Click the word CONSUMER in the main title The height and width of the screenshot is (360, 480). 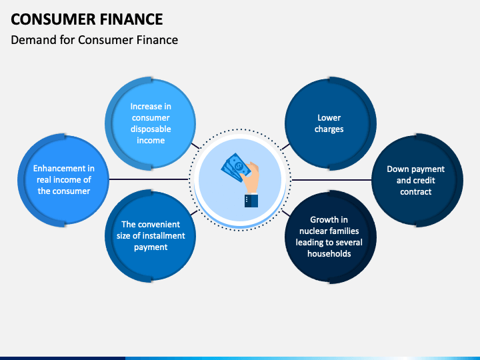(53, 19)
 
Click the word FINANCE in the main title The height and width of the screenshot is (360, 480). (131, 19)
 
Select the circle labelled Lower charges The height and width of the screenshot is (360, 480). (330, 123)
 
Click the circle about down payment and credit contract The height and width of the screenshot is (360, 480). (417, 180)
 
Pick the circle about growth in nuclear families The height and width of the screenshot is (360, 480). (330, 237)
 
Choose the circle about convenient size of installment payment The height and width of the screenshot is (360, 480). (151, 236)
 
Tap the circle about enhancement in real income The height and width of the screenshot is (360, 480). (63, 180)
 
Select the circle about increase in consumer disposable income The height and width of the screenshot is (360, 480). (151, 123)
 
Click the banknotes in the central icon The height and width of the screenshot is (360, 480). (235, 167)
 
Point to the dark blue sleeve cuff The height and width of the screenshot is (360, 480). (251, 201)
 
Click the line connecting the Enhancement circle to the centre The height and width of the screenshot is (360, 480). (149, 179)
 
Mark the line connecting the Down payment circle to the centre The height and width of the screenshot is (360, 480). (331, 180)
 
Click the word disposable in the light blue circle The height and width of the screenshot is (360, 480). (151, 129)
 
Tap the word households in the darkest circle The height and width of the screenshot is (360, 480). (329, 253)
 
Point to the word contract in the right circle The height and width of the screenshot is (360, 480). (416, 191)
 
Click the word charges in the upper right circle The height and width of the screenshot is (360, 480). (329, 129)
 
